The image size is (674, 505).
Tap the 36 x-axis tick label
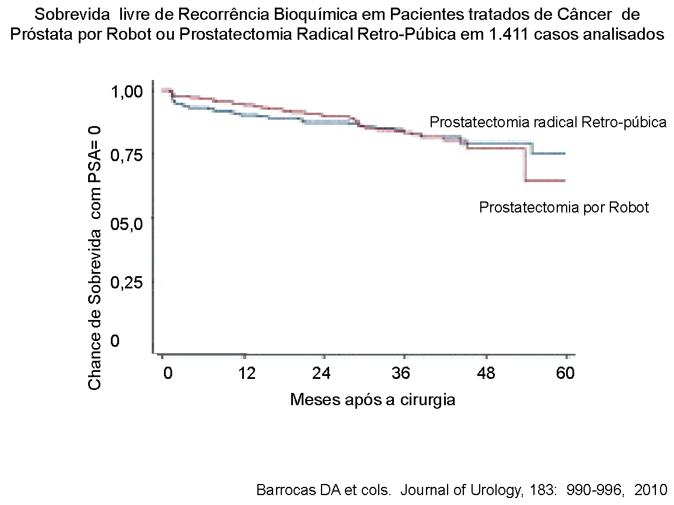click(401, 373)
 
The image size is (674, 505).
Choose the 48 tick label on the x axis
click(486, 373)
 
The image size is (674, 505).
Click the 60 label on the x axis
click(564, 373)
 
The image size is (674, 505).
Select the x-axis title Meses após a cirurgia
click(372, 400)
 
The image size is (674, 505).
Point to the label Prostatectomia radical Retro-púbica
click(548, 123)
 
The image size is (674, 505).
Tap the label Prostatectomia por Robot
click(564, 207)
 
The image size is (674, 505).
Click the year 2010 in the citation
click(650, 489)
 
